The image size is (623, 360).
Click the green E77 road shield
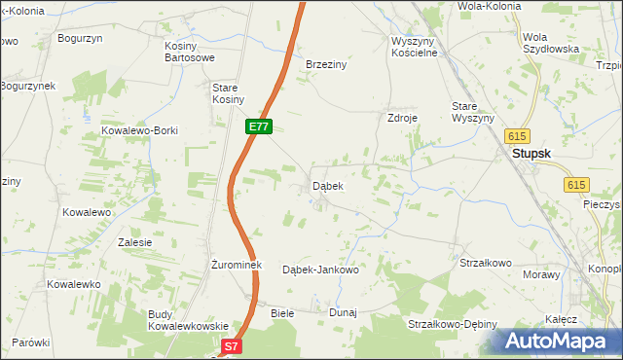[x=258, y=126]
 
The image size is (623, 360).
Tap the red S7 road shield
[x=230, y=345]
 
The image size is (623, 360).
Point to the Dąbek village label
[x=327, y=185]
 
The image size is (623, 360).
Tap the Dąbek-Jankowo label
[x=320, y=270]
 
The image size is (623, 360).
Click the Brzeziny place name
[x=326, y=63]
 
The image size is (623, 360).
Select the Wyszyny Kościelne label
[x=416, y=47]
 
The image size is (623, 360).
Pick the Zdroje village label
[x=402, y=117]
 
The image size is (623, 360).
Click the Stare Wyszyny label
[x=472, y=112]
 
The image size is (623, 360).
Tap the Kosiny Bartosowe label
[x=189, y=52]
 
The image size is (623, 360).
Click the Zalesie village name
[x=133, y=242]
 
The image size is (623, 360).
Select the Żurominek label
[x=233, y=265]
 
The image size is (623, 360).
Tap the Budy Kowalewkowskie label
[x=188, y=320]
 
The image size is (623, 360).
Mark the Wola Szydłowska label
[x=551, y=42]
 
